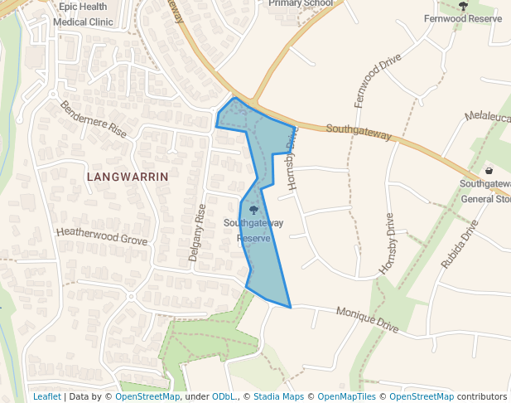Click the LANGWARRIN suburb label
[x=127, y=177]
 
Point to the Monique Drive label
[x=368, y=320]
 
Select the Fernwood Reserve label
[x=463, y=18]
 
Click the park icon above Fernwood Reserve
[x=463, y=6]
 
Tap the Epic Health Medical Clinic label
[x=82, y=14]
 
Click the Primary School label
[x=301, y=3]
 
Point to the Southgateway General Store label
[x=487, y=191]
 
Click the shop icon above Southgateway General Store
[x=489, y=170]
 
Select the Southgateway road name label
[x=359, y=134]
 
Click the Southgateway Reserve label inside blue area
[x=253, y=231]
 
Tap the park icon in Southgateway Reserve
[x=253, y=210]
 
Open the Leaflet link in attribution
[x=46, y=396]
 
